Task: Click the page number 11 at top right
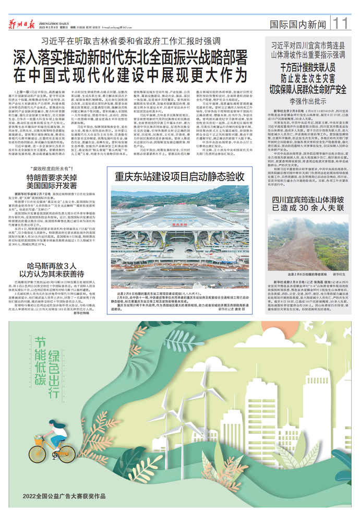click(x=342, y=22)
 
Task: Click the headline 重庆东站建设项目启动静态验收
click(x=180, y=176)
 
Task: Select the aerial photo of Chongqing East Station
click(x=180, y=237)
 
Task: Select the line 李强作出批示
click(x=311, y=99)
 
